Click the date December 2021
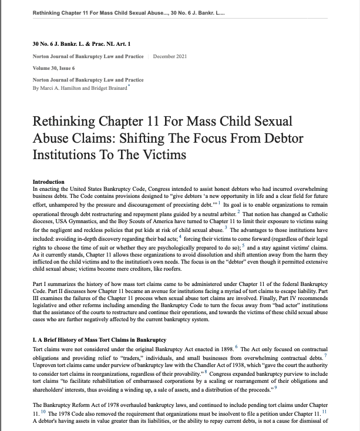(170, 56)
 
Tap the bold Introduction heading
(49, 181)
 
